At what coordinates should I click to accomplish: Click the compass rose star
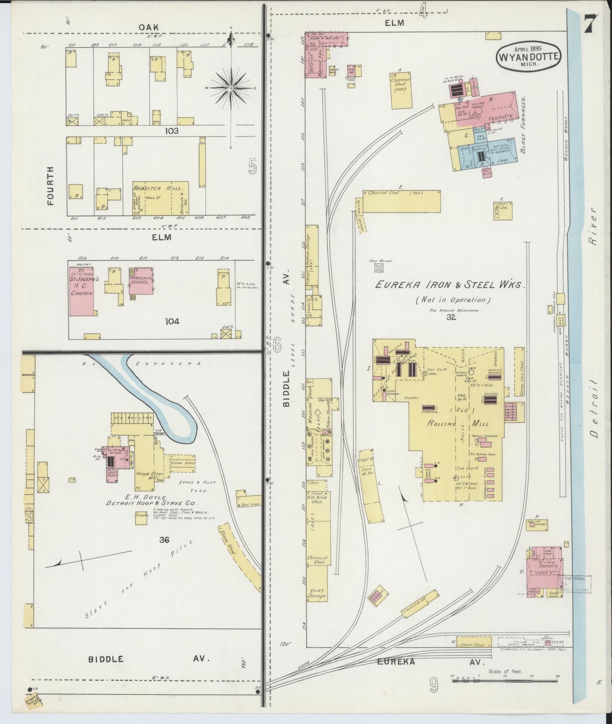pos(231,88)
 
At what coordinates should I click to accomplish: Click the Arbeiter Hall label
pos(158,188)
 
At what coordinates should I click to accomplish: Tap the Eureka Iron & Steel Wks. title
pos(450,285)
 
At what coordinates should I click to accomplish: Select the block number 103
pos(172,131)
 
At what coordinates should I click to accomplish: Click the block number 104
pos(172,321)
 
